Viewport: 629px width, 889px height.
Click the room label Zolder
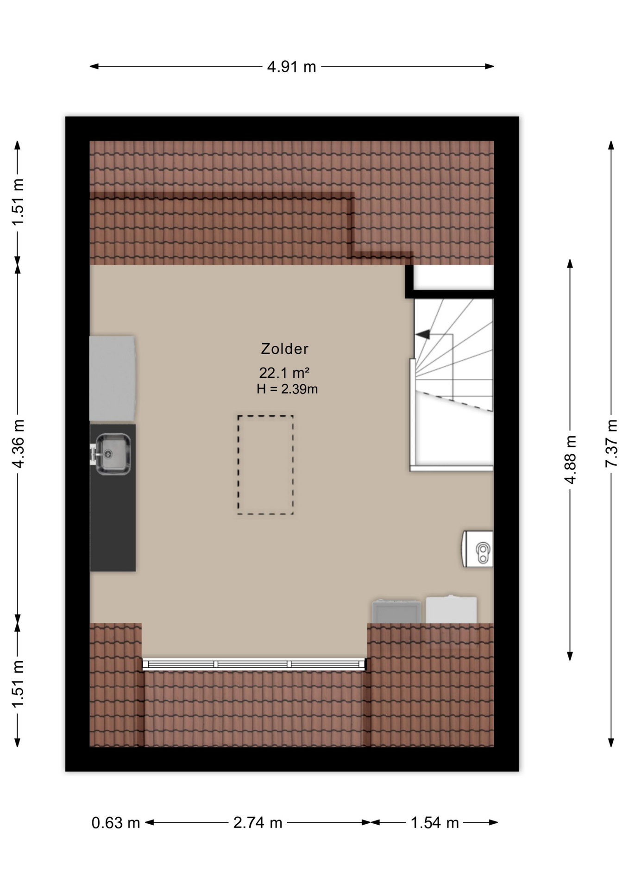[284, 349]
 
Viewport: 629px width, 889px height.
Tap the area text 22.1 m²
[284, 372]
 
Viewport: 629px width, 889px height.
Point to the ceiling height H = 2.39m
[287, 389]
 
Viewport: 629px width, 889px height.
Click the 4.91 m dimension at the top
[291, 67]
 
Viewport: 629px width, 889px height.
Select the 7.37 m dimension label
[611, 443]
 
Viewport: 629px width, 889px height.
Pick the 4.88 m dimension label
[570, 459]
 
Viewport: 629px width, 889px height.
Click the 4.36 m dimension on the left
[18, 444]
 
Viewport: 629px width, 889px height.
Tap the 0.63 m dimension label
[116, 822]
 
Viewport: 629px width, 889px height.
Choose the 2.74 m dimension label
[258, 822]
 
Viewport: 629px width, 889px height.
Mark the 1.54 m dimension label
[434, 822]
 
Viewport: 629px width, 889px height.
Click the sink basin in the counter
[113, 454]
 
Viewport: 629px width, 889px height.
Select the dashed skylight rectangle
[265, 465]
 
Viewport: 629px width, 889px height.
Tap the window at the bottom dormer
[254, 664]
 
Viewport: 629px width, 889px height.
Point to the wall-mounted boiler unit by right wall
[478, 549]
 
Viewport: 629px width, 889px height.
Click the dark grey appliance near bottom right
[396, 611]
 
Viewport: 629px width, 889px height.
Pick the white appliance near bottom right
[451, 609]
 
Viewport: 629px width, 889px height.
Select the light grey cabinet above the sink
[113, 378]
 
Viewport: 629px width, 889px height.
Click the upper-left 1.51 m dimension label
[18, 202]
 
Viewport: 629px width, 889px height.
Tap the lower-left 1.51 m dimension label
[18, 684]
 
